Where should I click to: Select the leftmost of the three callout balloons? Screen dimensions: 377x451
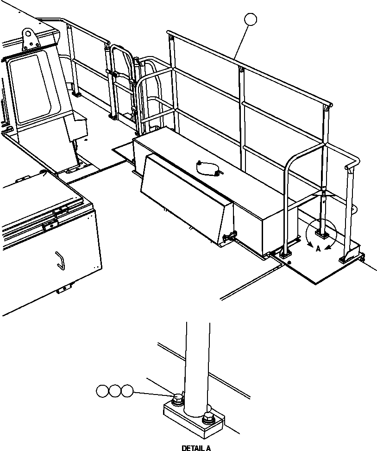point(102,391)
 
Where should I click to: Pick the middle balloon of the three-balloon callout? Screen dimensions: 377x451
point(115,391)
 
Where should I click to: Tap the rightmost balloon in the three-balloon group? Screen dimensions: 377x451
point(127,391)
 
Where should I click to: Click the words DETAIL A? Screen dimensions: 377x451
point(196,448)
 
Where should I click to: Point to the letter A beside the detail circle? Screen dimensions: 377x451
point(318,249)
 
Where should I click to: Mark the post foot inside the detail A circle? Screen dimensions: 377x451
point(321,230)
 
